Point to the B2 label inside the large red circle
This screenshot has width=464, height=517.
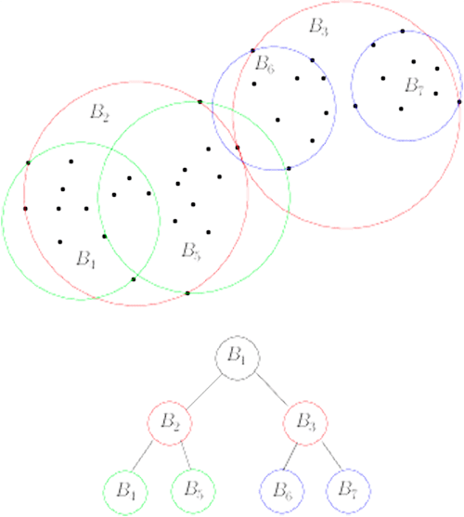pyautogui.click(x=99, y=113)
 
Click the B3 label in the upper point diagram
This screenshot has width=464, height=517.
pyautogui.click(x=318, y=27)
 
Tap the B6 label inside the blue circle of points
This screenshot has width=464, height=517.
pyautogui.click(x=265, y=64)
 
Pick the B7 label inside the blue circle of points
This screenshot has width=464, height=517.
pyautogui.click(x=414, y=86)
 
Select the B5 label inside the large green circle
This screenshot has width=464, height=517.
pyautogui.click(x=192, y=251)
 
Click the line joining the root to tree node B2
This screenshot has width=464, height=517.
pyautogui.click(x=203, y=392)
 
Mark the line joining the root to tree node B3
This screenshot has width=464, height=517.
pyautogui.click(x=272, y=390)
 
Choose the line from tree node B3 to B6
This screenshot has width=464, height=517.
pyautogui.click(x=290, y=457)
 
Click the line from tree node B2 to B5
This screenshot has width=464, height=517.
pyautogui.click(x=186, y=455)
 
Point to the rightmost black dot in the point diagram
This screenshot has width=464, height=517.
pyautogui.click(x=459, y=102)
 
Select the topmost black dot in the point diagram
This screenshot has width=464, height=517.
pyautogui.click(x=403, y=32)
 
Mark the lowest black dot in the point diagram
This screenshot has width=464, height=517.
pyautogui.click(x=187, y=293)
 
